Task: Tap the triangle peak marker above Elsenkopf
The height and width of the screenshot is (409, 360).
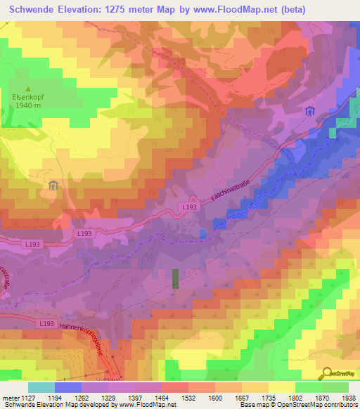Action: pyautogui.click(x=29, y=89)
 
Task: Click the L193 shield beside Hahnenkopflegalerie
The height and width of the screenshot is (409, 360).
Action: pyautogui.click(x=46, y=323)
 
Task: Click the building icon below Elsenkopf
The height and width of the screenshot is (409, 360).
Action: pyautogui.click(x=53, y=186)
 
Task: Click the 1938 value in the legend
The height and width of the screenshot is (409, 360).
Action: pyautogui.click(x=346, y=398)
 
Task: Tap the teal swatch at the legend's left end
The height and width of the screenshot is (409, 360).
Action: pyautogui.click(x=41, y=387)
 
